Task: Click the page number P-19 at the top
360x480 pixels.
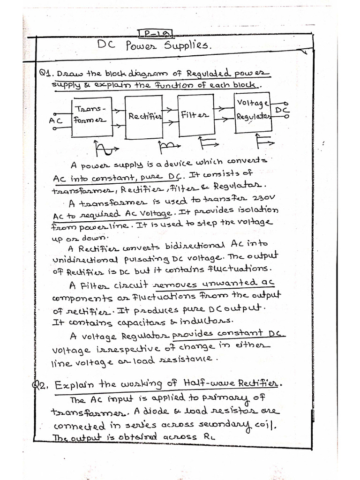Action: point(156,33)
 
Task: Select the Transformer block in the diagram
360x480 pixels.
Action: point(90,117)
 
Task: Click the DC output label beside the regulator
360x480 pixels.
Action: point(281,109)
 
